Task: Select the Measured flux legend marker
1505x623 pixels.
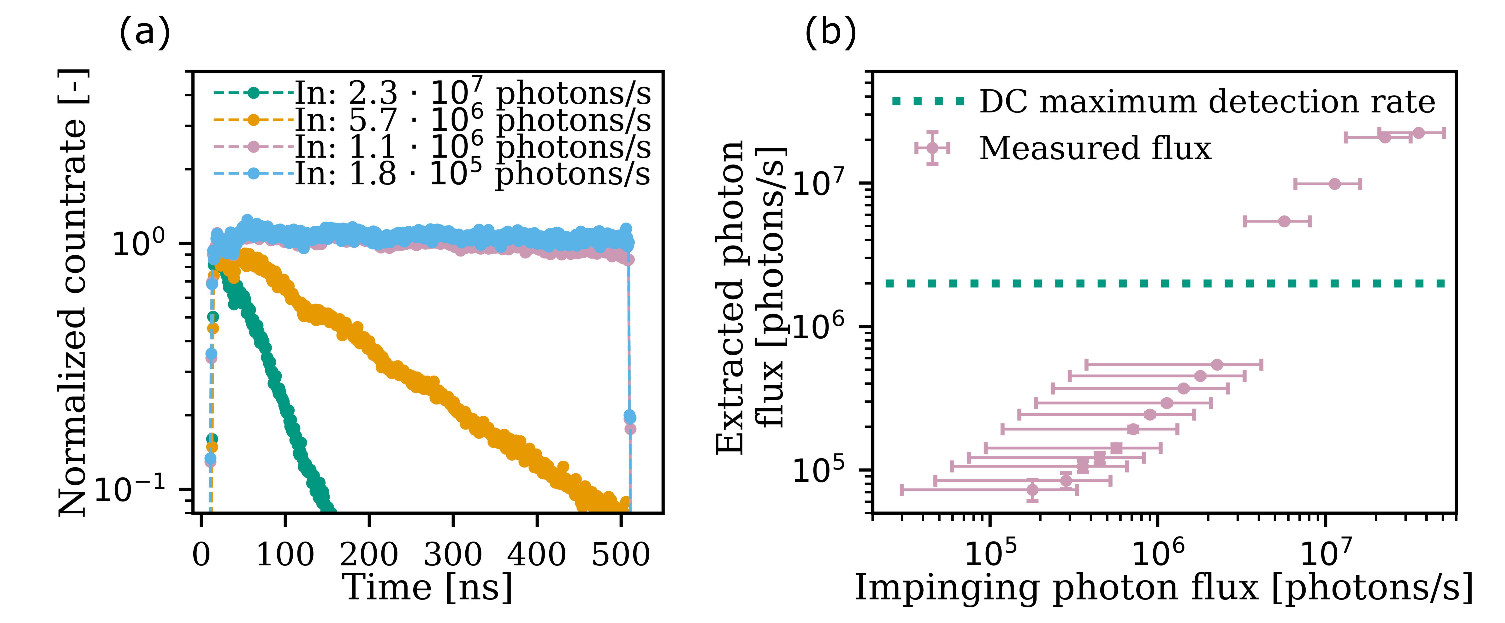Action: [x=932, y=148]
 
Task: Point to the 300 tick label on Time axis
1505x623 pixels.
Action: [x=453, y=553]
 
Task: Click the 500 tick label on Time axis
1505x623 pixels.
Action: [x=621, y=553]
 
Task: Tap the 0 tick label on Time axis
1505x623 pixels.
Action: [x=201, y=553]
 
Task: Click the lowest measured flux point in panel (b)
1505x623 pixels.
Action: [x=1032, y=490]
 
